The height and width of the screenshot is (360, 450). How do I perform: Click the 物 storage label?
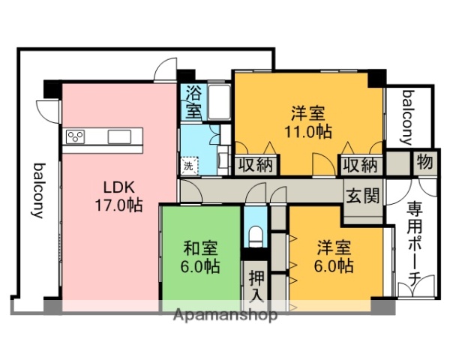[x=424, y=162]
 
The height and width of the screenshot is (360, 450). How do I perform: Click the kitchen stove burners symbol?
[x=76, y=136]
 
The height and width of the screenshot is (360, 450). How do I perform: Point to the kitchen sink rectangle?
[x=120, y=136]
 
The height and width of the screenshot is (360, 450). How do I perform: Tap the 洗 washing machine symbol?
[x=187, y=165]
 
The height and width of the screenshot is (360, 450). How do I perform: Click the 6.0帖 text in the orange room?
[x=334, y=265]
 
